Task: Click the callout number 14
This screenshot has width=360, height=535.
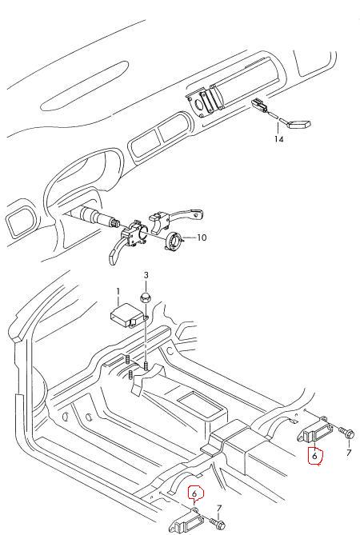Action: (x=278, y=139)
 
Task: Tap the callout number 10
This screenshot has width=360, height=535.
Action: (x=202, y=238)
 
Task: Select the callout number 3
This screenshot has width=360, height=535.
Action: (x=146, y=275)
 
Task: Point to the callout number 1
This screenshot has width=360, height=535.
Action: (x=118, y=292)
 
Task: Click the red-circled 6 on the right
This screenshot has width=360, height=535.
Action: (x=315, y=455)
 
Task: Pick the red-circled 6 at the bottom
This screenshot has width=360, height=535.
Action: (x=194, y=493)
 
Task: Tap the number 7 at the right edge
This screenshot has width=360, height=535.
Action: (x=348, y=453)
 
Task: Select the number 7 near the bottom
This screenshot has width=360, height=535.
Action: (x=218, y=509)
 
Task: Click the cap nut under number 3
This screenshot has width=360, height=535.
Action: (x=146, y=297)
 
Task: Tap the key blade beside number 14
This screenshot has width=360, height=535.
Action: (x=300, y=124)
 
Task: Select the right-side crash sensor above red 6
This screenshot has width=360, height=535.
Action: (x=316, y=431)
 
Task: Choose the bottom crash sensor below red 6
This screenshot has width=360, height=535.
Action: (x=189, y=521)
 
